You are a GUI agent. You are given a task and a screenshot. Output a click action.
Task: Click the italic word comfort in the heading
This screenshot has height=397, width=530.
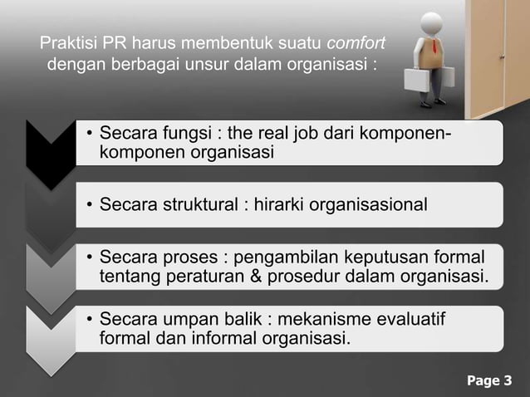(x=356, y=43)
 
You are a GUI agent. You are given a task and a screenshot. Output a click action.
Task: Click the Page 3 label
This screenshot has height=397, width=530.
(x=489, y=381)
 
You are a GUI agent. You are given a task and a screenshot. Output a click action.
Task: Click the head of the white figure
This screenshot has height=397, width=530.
(x=432, y=23)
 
